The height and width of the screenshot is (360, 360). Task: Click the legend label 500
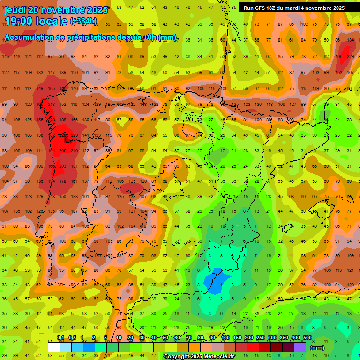tap(307, 338)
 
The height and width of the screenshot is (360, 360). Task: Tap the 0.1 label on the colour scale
tap(60, 338)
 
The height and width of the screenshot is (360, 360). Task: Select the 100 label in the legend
tap(225, 338)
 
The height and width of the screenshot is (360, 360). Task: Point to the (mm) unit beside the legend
tap(317, 348)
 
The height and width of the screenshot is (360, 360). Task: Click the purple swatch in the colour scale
tap(300, 347)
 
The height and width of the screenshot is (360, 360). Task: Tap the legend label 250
tap(260, 338)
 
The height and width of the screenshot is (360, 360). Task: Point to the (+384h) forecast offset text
tap(83, 21)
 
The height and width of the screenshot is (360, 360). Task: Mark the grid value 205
tap(63, 150)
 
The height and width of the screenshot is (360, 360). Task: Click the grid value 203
tap(63, 166)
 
